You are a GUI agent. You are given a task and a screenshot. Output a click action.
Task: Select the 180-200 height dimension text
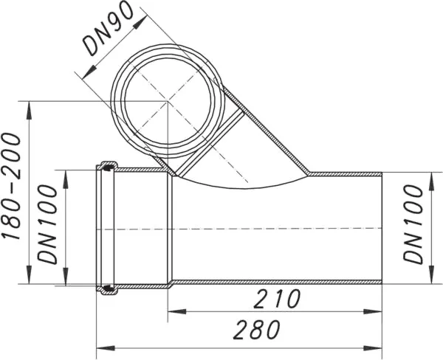(13, 187)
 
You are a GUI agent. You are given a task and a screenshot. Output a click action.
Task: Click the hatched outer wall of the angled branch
(266, 133)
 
